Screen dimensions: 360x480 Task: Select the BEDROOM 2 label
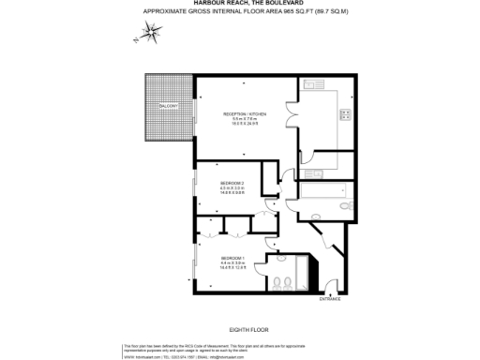pos(232,182)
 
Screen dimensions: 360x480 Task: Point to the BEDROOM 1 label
pos(232,257)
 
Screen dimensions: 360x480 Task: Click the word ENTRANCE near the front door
pos(330,298)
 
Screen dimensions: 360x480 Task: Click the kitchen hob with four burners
pos(345,115)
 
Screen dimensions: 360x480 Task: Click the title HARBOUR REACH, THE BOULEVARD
pos(240,5)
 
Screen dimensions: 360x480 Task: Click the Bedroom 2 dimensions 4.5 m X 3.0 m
pos(232,187)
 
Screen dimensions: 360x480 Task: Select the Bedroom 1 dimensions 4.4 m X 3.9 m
pos(232,262)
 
